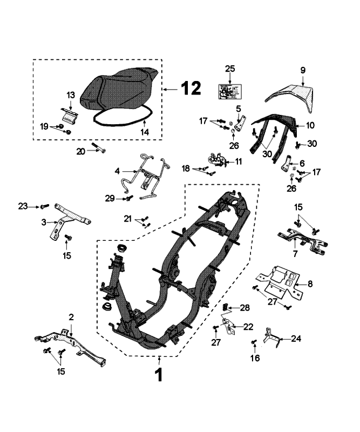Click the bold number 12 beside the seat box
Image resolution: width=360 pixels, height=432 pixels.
point(191,87)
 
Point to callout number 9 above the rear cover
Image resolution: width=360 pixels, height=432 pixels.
point(303,70)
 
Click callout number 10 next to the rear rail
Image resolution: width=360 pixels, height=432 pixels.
point(310,125)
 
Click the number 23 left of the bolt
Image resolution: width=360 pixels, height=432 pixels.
point(22,206)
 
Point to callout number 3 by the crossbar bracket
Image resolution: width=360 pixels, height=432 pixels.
point(44,221)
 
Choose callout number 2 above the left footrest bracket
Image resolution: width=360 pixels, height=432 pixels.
point(71,316)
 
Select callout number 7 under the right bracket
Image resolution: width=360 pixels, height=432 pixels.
point(295,253)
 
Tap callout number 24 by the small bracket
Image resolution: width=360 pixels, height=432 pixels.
point(296,339)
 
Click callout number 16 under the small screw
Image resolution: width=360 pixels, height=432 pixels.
point(255,357)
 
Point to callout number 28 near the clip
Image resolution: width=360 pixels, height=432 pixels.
point(245,308)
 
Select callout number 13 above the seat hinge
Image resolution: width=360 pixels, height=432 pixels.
point(71,95)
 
